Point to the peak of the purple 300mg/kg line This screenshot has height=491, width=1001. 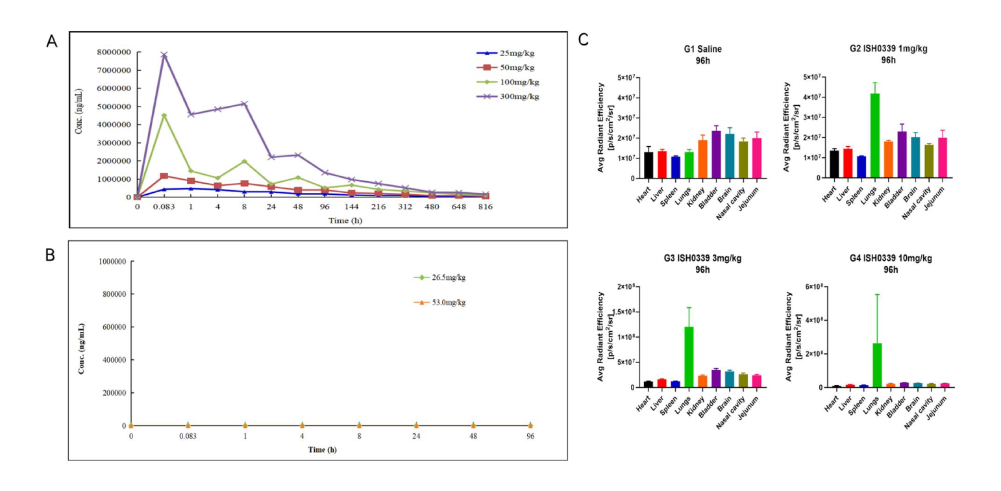pyautogui.click(x=164, y=55)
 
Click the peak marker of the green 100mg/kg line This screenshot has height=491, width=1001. pyautogui.click(x=164, y=116)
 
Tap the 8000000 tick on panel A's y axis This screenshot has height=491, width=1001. pyautogui.click(x=112, y=52)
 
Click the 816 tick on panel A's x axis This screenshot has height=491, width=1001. pyautogui.click(x=485, y=207)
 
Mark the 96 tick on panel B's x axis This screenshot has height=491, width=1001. pyautogui.click(x=530, y=436)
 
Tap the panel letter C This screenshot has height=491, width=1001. pyautogui.click(x=584, y=40)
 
